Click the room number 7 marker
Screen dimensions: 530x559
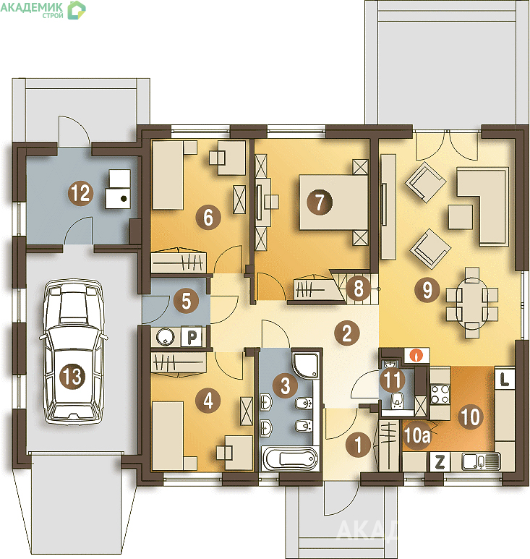[320, 202]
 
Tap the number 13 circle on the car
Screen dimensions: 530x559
[72, 376]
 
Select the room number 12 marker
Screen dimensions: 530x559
[81, 193]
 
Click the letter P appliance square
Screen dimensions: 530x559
[192, 336]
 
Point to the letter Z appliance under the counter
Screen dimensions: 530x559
[440, 462]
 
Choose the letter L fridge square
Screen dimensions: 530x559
[505, 379]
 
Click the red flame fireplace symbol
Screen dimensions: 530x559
[416, 355]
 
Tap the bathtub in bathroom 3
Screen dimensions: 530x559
[290, 458]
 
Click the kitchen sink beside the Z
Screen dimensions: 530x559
[481, 462]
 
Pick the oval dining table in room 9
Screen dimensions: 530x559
[472, 303]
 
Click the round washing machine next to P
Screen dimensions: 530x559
[166, 336]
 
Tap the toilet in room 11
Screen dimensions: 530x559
[397, 401]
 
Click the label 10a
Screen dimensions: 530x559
[417, 435]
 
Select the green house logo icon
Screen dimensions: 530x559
[77, 10]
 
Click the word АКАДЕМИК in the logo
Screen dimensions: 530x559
[32, 7]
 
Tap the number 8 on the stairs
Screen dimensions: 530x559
[359, 287]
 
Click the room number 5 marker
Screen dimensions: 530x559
[187, 302]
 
